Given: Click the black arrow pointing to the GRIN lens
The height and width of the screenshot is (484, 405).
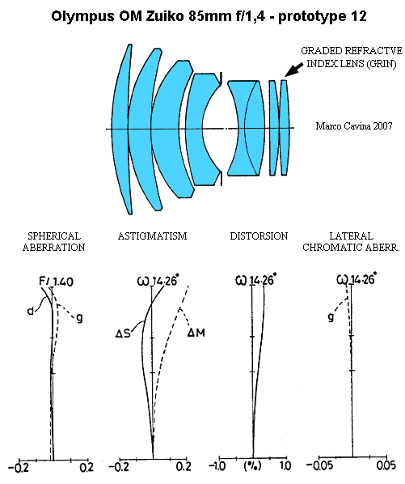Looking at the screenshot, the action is pos(293,70).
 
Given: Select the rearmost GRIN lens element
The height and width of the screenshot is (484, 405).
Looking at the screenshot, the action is pos(285,128).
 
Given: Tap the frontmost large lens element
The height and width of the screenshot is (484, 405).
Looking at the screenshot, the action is pos(122,129).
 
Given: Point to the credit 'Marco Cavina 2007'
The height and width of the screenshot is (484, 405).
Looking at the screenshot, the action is pos(354,126).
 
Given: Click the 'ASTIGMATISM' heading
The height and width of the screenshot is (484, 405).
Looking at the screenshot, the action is pos(152,236).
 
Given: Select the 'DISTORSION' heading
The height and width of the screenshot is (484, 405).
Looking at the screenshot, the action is pos(259,236).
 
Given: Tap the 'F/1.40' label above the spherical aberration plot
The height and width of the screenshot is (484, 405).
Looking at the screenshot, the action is pos(56,282).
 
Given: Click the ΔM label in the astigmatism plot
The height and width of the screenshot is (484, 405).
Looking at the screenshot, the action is pos(196,333).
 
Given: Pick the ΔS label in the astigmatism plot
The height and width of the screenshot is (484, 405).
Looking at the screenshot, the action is pos(123,333).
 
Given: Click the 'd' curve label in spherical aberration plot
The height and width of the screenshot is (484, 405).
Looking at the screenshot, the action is pos(30,311).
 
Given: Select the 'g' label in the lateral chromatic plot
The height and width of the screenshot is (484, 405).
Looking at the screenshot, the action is pos(331,317).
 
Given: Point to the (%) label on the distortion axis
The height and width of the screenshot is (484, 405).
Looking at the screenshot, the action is pos(252,465).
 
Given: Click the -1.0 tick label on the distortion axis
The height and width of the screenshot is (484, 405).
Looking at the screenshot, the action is pos(217,465).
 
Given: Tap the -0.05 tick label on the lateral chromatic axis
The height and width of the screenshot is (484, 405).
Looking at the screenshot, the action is pos(320,465).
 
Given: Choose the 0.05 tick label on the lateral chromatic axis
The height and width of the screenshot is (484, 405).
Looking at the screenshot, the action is pos(386,465).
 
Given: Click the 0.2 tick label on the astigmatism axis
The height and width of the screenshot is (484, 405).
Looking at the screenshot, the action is pos(184,466).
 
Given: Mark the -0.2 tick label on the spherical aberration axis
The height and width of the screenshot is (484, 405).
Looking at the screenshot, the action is pos(18,468).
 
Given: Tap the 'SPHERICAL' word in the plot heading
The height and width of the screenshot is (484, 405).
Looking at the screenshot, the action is pos(54,236).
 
